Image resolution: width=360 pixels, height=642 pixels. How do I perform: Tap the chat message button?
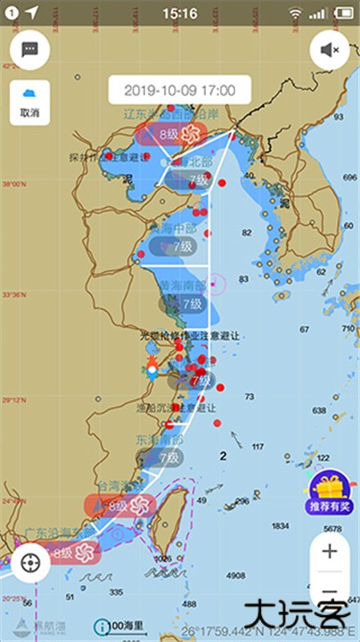tap(30, 50)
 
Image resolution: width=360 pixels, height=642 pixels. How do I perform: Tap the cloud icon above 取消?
tap(30, 95)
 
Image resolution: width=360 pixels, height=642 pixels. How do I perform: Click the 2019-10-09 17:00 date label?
tap(179, 90)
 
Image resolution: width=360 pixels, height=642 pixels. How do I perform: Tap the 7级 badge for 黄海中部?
tap(184, 246)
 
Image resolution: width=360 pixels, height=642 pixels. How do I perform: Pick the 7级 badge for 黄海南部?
tap(192, 304)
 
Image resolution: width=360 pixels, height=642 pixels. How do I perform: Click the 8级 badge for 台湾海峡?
tap(119, 506)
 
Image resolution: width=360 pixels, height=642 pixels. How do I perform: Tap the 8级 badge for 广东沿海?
tap(65, 553)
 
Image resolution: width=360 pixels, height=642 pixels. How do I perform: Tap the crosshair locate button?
tap(30, 563)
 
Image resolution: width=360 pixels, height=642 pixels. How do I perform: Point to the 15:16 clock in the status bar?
tap(181, 13)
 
